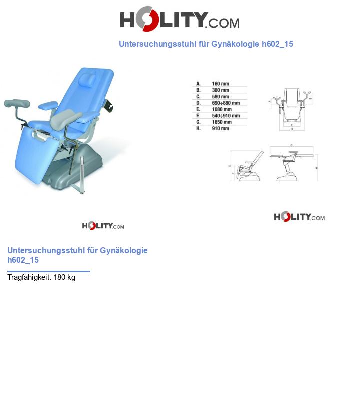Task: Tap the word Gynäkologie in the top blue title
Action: [x=235, y=44]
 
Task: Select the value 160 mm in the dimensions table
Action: [x=220, y=84]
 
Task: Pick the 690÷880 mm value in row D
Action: [x=225, y=103]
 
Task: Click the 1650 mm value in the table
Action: [x=222, y=122]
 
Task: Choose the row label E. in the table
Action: [x=198, y=109]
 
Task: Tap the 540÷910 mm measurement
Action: [x=225, y=116]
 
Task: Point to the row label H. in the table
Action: [x=198, y=128]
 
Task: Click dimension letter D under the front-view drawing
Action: [x=291, y=129]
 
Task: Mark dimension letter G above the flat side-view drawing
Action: [x=291, y=145]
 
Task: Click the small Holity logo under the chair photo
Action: [x=103, y=226]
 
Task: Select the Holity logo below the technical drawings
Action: [x=299, y=217]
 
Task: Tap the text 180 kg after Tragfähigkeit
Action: [x=64, y=277]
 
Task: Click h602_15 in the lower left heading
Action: [x=23, y=260]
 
